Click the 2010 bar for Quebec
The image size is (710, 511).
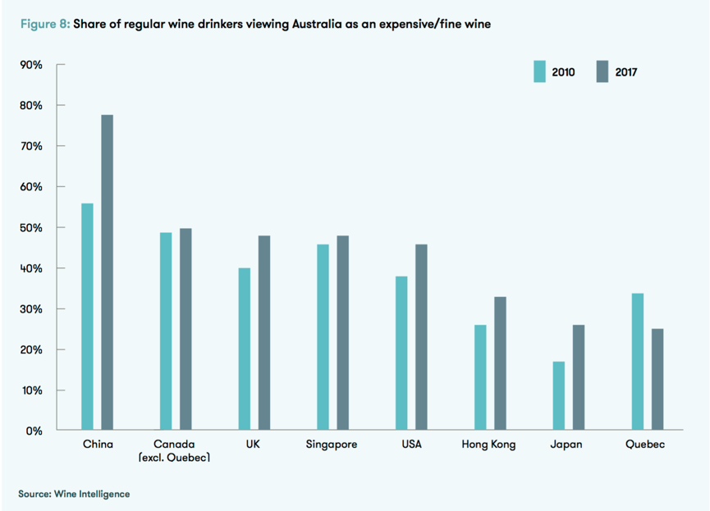coord(638,362)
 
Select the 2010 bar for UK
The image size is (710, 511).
coord(245,349)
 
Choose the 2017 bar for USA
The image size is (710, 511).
coord(421,337)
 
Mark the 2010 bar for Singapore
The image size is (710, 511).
coord(323,337)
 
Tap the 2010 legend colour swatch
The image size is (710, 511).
coord(540,71)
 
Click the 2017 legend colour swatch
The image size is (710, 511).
coord(602,71)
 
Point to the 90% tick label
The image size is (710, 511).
coord(31,65)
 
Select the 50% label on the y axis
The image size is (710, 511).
coord(31,227)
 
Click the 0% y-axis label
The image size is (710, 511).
coord(34,430)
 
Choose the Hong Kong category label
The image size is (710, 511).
coord(490,445)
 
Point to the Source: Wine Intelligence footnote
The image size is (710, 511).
coord(75,494)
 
